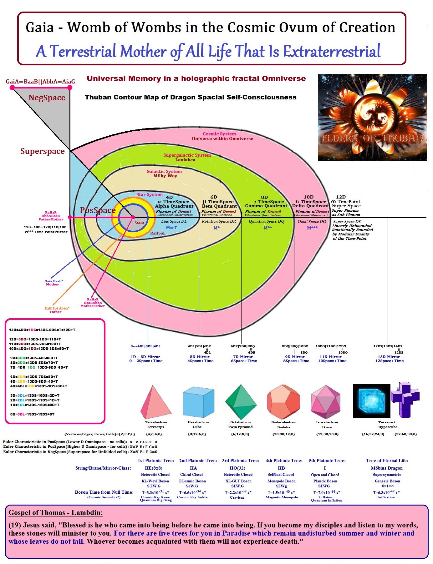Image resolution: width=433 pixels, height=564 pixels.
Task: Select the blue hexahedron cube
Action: (198, 402)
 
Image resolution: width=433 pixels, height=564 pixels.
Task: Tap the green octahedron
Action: (241, 401)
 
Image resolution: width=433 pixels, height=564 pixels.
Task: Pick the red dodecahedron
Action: (283, 402)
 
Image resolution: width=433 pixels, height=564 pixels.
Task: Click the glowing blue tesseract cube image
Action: (371, 401)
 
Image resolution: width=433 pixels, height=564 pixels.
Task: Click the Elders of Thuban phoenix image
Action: (372, 117)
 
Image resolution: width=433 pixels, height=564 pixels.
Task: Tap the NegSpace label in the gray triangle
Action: (47, 98)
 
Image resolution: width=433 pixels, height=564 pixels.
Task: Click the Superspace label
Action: (43, 151)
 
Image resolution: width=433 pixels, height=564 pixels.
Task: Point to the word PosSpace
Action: (98, 210)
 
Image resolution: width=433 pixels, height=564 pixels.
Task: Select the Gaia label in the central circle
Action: (140, 222)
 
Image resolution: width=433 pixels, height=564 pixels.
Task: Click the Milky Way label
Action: (165, 176)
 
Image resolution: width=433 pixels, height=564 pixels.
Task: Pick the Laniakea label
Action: (185, 160)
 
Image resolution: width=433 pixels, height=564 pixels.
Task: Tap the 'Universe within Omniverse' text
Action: (222, 139)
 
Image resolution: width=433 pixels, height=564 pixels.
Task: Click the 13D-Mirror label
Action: (389, 357)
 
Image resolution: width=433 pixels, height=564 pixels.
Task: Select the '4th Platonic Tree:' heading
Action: (284, 461)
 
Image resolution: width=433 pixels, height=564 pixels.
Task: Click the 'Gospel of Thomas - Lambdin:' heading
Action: (55, 513)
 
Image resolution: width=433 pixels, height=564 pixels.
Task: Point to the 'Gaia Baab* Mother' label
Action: (53, 283)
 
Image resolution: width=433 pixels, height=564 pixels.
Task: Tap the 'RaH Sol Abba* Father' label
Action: (56, 310)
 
